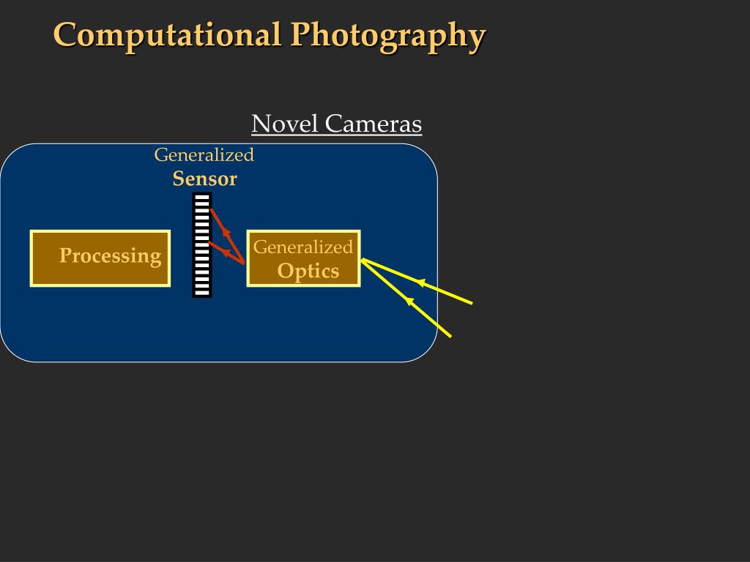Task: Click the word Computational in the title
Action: tap(167, 35)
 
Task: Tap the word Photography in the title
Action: tap(387, 36)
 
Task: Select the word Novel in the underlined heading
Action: tap(285, 124)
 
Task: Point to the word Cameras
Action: tap(374, 124)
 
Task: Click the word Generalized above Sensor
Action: tap(204, 154)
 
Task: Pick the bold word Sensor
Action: tap(205, 179)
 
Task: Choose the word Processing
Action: tap(110, 255)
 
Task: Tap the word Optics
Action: tap(308, 271)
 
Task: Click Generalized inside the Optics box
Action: tap(303, 247)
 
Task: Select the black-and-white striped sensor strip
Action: tap(202, 245)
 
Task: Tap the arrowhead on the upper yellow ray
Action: tap(420, 282)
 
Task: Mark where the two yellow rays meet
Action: tap(363, 259)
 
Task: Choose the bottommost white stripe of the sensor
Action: tap(202, 292)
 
